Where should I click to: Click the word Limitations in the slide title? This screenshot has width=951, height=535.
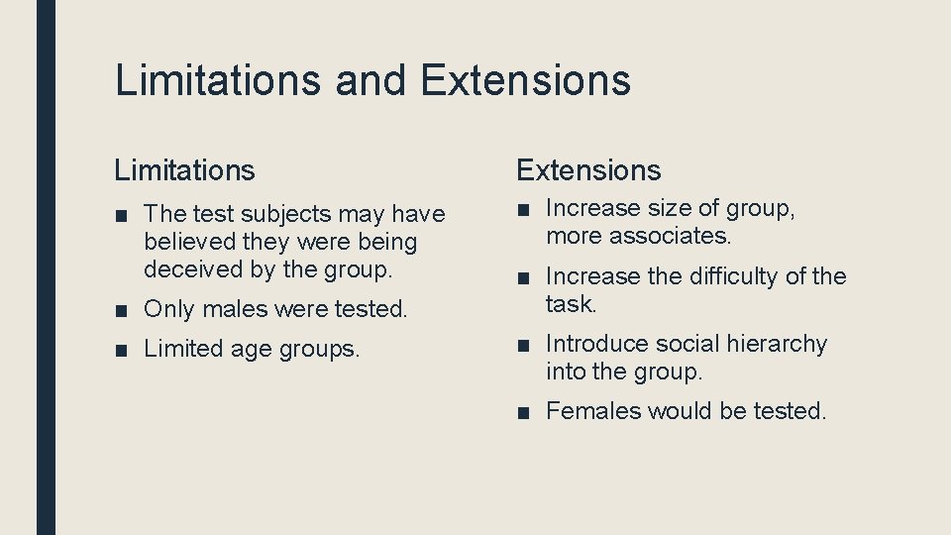pyautogui.click(x=217, y=80)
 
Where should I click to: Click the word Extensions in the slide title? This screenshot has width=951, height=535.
pyautogui.click(x=525, y=80)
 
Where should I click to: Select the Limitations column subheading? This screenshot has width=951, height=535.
pyautogui.click(x=184, y=170)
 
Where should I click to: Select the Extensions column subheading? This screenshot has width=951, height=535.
pyautogui.click(x=588, y=170)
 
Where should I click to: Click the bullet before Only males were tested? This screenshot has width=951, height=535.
pyautogui.click(x=121, y=310)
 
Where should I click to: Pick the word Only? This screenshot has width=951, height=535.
pyautogui.click(x=167, y=309)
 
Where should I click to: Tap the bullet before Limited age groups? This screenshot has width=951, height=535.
pyautogui.click(x=121, y=350)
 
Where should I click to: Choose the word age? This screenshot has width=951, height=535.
pyautogui.click(x=252, y=350)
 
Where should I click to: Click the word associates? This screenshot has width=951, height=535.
pyautogui.click(x=670, y=236)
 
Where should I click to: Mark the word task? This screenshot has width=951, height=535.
pyautogui.click(x=570, y=303)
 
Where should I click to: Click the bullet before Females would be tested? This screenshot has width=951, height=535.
pyautogui.click(x=523, y=411)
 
